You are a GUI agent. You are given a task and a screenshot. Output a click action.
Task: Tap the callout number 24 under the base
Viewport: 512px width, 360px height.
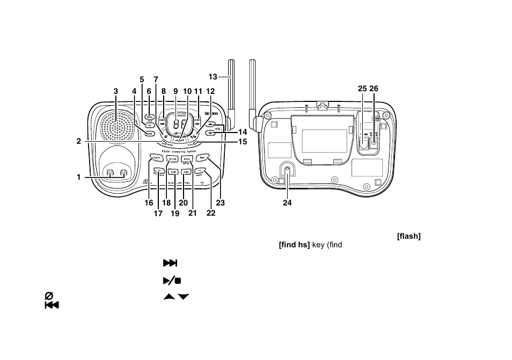287,203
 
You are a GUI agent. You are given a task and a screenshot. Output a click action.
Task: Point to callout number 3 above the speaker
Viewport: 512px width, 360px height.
115,91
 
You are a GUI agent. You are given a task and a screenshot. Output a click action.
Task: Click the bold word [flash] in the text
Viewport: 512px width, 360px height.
408,237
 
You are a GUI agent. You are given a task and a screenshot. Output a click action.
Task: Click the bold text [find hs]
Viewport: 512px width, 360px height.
294,245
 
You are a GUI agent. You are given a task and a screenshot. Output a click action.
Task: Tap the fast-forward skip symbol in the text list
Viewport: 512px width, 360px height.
170,263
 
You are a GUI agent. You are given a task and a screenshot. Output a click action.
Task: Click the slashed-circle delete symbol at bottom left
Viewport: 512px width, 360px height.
49,296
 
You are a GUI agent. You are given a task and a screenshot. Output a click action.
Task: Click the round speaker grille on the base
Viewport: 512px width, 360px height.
117,128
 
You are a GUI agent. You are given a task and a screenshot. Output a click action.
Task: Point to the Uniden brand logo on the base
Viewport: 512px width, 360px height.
211,114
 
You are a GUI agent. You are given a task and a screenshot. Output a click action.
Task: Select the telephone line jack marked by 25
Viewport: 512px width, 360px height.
364,143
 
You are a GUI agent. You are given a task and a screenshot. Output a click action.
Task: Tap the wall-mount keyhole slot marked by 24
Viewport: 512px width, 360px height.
288,171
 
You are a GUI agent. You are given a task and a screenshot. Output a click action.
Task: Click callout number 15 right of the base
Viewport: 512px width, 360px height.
243,142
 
